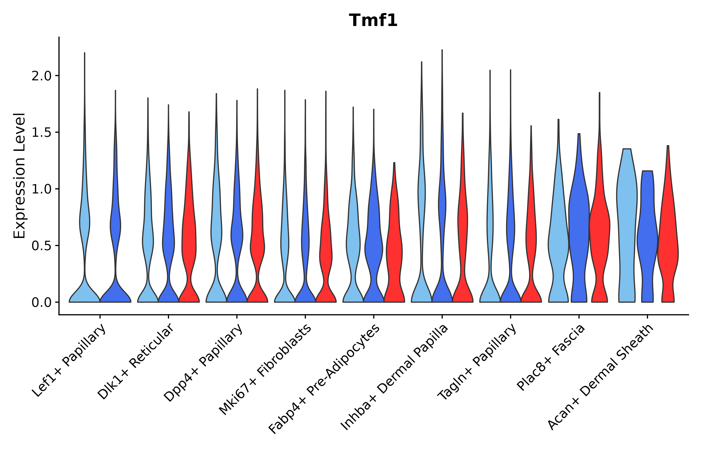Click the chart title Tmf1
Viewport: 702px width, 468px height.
point(373,21)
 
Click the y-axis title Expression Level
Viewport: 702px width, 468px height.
point(20,176)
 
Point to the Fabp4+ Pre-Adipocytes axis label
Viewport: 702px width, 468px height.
point(324,379)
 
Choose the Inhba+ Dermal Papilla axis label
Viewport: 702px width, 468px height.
point(395,377)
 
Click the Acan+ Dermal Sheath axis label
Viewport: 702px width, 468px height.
point(601,377)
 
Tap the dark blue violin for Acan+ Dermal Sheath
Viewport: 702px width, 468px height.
point(647,239)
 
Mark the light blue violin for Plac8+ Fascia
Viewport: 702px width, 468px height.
point(558,239)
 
